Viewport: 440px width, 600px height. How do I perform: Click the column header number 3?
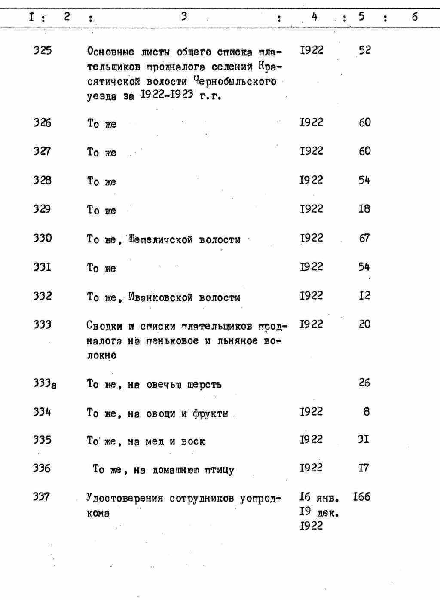click(x=183, y=17)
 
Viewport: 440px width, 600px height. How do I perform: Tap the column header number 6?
click(x=414, y=17)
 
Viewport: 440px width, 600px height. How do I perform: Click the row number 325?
click(x=42, y=51)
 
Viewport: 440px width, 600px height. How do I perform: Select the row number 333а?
click(x=45, y=383)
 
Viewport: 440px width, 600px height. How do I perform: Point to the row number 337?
click(x=42, y=497)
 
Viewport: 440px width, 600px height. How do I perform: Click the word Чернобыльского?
click(x=235, y=81)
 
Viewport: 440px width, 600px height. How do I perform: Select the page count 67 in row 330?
click(x=364, y=238)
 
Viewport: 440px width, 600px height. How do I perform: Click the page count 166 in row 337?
click(x=361, y=498)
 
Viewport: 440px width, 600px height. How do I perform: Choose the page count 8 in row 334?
click(x=366, y=412)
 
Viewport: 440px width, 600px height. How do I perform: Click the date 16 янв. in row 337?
click(x=319, y=498)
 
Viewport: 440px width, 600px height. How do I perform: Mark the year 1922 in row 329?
click(x=311, y=209)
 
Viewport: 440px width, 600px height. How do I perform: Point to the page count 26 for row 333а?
click(x=364, y=383)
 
